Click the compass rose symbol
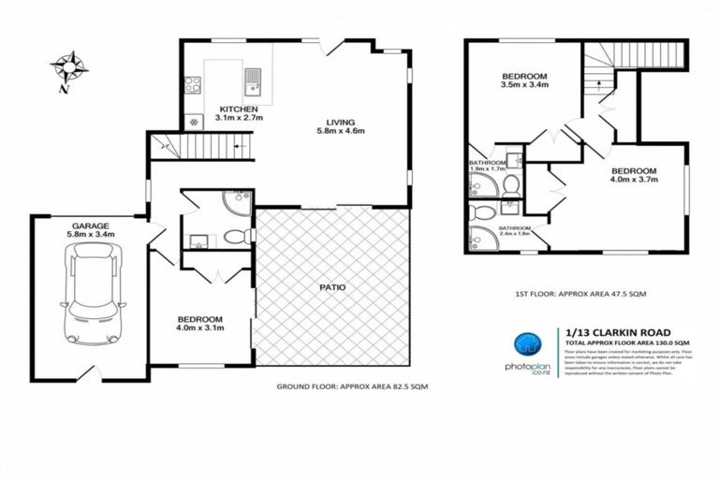(68, 68)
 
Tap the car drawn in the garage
(91, 293)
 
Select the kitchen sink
(254, 82)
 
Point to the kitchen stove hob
(193, 85)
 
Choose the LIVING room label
(341, 122)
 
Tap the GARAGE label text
(89, 226)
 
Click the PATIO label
(332, 287)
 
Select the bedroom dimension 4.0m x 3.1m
(198, 327)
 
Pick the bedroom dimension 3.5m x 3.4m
(524, 84)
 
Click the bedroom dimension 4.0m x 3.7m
(634, 181)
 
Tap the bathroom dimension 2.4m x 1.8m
(514, 234)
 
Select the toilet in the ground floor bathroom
(235, 237)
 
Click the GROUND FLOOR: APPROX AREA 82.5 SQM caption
(352, 387)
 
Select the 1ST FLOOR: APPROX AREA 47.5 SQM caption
(580, 294)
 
